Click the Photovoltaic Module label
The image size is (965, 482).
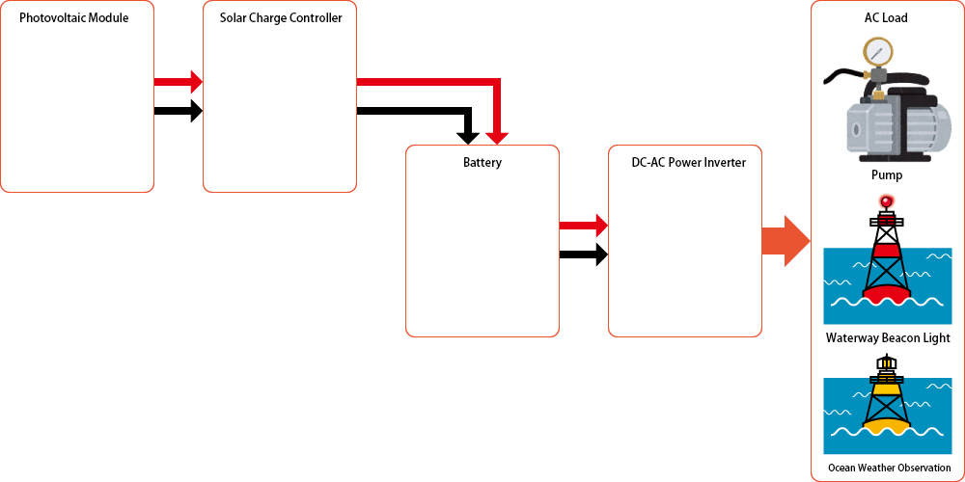pos(73,18)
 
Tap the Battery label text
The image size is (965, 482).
pos(482,163)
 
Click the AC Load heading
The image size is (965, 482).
pos(886,18)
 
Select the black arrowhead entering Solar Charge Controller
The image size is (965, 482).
pos(196,111)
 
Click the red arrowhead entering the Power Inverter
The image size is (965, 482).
pos(601,226)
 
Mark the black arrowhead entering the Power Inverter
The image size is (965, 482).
pos(601,255)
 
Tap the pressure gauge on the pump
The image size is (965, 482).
pos(878,50)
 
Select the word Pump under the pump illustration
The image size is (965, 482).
pos(886,175)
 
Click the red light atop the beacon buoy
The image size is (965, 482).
pos(886,201)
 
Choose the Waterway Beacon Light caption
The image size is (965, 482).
pos(888,338)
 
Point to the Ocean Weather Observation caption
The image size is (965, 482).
pos(889,468)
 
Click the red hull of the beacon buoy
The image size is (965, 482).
pos(886,288)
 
